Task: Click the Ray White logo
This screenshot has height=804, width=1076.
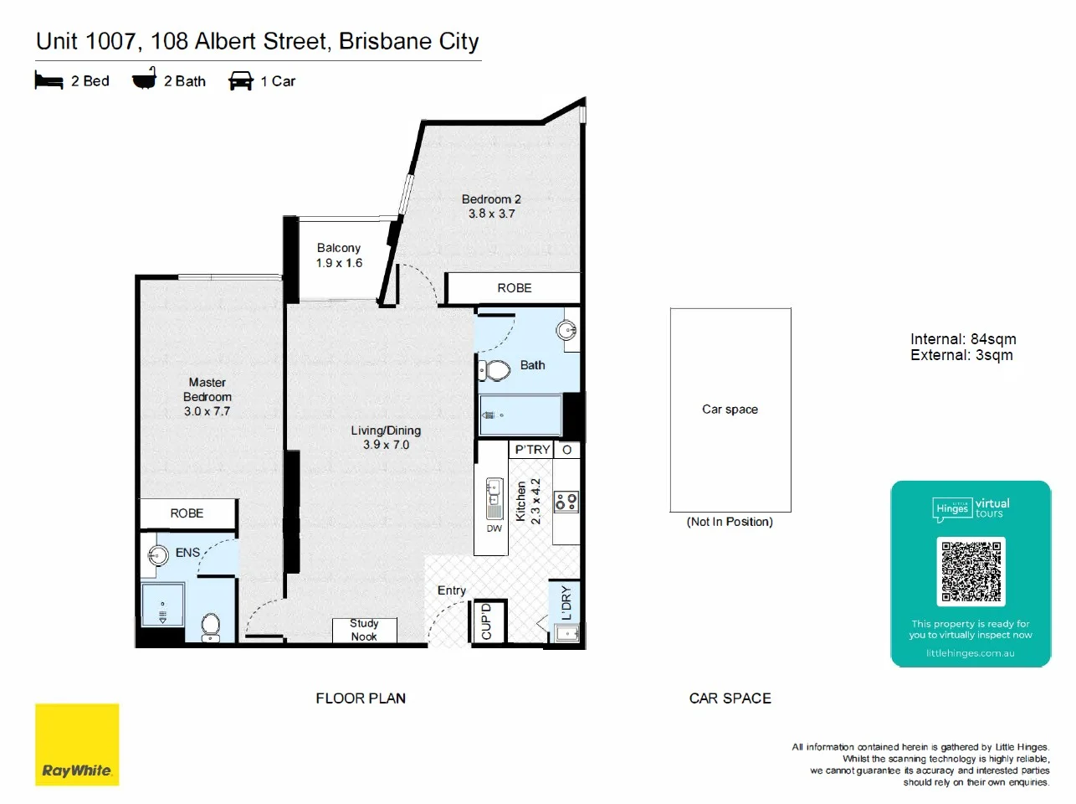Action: click(77, 745)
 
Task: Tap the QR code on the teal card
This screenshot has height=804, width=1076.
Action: click(971, 572)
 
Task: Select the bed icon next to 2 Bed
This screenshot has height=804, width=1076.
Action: click(49, 80)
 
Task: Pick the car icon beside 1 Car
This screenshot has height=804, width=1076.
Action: click(241, 80)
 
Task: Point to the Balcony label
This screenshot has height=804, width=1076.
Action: click(339, 248)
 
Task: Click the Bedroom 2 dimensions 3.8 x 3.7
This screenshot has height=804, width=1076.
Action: click(491, 214)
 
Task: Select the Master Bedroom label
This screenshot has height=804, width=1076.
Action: click(208, 389)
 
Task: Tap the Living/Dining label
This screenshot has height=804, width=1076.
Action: click(386, 430)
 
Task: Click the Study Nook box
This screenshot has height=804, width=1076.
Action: click(364, 630)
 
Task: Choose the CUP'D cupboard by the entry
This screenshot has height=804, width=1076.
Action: click(488, 622)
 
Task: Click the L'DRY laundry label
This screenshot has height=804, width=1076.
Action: click(566, 603)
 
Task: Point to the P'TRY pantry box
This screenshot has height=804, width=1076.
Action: click(532, 450)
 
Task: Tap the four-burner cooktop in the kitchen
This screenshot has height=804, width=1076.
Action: click(566, 501)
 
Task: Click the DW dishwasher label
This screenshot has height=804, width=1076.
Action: click(494, 528)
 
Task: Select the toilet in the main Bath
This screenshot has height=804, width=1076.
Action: click(496, 369)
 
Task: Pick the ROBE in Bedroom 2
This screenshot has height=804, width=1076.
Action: click(514, 288)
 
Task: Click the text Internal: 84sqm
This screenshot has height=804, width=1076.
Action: click(963, 339)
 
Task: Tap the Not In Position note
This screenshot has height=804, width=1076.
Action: click(730, 522)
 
